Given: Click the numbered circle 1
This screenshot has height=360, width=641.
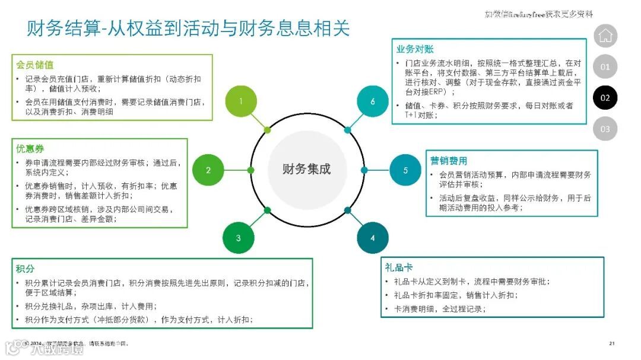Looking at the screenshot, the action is pos(241,101).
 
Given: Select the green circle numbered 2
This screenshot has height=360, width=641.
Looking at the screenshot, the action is pos(208,170).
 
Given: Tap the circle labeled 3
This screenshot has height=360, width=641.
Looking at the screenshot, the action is pos(239,238).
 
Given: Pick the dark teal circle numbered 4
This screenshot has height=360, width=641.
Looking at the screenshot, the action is pos(373,238).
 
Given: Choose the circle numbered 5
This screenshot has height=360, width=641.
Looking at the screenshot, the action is pos(406,170).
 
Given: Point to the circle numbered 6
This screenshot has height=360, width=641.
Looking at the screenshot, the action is pos(373,101).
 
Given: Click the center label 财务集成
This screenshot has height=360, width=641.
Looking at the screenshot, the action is pos(306,169).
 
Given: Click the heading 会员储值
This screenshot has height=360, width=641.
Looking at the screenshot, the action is pos(35,65).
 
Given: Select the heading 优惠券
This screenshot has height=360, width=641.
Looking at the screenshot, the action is pos(30,148).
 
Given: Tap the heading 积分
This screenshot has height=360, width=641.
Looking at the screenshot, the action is pos(26,269).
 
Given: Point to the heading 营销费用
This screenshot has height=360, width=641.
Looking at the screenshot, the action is pos(449,161).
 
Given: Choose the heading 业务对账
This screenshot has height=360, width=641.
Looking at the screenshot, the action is pos(415,49).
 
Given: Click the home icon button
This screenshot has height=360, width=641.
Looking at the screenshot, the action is pos(605,36).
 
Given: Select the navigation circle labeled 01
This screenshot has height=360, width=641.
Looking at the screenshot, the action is pos(605,67).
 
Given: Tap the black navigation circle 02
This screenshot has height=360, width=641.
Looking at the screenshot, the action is pos(605,98).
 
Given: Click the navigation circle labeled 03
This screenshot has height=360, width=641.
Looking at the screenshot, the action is pos(605,129).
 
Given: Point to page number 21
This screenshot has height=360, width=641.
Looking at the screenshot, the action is pos(612,343).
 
